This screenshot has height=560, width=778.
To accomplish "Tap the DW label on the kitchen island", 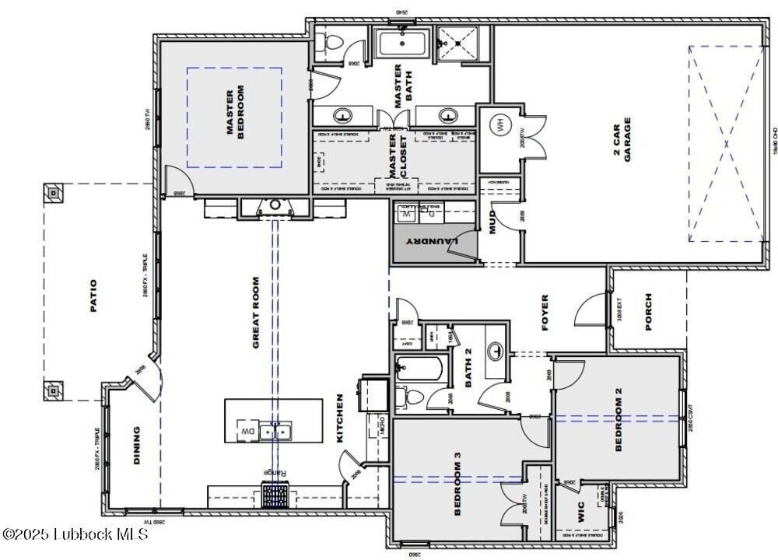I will click(x=247, y=431).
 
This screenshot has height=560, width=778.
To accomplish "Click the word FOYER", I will click(x=545, y=312).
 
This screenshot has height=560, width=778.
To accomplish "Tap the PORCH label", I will click(x=650, y=312).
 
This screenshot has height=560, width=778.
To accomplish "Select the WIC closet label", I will click(x=580, y=511).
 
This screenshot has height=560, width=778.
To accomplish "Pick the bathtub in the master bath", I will click(x=402, y=44).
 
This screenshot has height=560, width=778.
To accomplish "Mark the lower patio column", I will click(x=53, y=390).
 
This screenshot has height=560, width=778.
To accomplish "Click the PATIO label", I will click(x=93, y=296).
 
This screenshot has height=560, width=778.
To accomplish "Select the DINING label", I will click(x=137, y=445).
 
